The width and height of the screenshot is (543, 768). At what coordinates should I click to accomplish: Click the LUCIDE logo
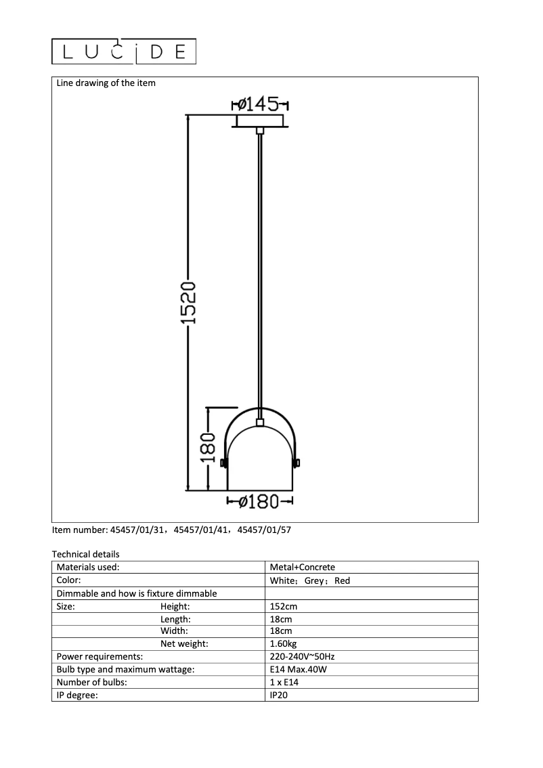point(124,51)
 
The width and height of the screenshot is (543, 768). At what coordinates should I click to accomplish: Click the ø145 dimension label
point(260,104)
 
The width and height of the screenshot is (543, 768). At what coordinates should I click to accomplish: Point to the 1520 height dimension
point(190,302)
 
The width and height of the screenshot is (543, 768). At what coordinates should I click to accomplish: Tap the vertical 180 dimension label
point(209,448)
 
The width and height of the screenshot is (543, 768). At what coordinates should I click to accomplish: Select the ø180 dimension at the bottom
point(259,502)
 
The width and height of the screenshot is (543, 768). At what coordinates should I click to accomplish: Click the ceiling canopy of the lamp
point(260,121)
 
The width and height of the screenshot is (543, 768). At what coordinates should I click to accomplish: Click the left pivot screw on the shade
point(223,463)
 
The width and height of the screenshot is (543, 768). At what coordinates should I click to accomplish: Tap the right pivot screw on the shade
point(297,463)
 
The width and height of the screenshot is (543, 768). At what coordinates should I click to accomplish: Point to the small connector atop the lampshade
point(260,423)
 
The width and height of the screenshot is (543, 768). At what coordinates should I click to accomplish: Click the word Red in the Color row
point(343,580)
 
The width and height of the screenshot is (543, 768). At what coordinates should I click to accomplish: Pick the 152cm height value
point(283,607)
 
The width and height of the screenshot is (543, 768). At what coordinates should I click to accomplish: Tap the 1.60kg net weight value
point(284,644)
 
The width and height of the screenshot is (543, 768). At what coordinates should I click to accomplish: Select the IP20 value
point(280,695)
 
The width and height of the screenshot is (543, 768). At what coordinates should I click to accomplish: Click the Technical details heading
point(85,554)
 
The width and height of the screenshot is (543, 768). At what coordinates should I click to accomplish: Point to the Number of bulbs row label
point(91,683)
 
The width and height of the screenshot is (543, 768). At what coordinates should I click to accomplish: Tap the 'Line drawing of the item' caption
point(106,83)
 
